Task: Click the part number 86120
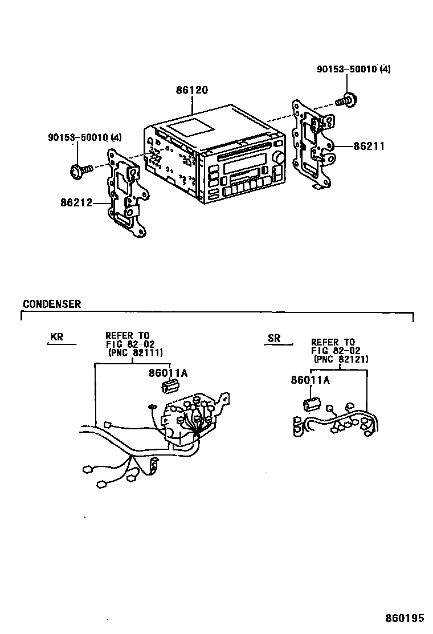191,90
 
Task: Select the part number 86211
369,147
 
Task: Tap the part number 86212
76,202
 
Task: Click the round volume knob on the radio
279,157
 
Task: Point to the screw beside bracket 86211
345,101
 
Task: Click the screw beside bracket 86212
80,169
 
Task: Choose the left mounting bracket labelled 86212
128,193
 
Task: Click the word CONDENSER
52,304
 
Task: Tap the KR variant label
57,337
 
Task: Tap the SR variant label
274,338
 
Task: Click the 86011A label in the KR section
168,373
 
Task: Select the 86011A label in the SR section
310,380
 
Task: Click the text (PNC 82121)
341,360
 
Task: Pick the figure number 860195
405,618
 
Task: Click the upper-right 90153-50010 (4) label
354,70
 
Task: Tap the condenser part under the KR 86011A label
168,387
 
